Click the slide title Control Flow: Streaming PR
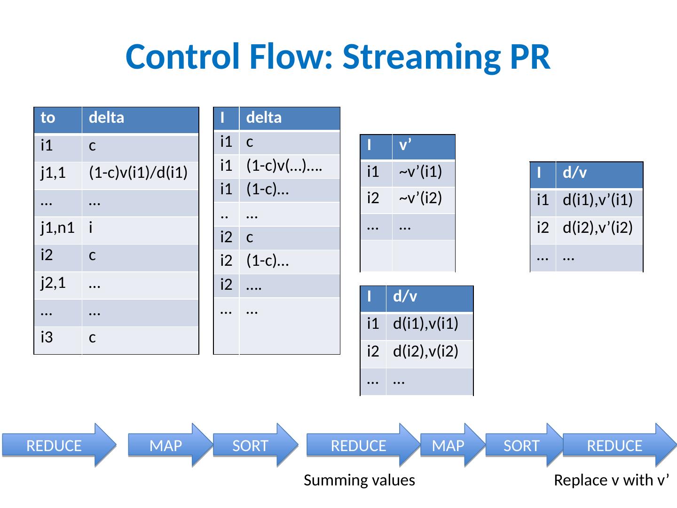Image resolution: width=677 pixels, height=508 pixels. click(338, 56)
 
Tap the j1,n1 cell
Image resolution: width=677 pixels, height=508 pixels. click(57, 228)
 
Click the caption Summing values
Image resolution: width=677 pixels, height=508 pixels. click(359, 480)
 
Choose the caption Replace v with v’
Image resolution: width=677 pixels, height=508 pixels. click(611, 480)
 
